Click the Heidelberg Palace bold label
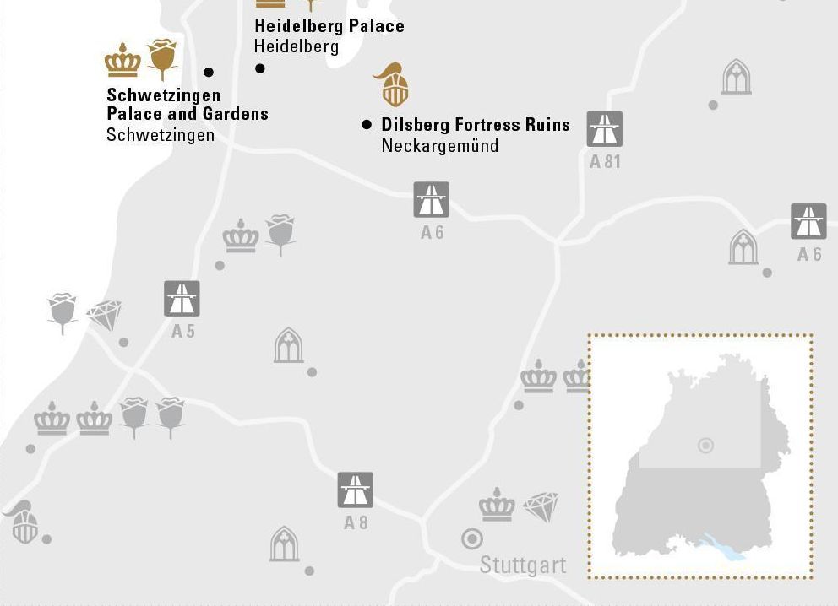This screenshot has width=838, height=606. (329, 26)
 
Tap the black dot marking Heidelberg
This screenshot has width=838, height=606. (260, 68)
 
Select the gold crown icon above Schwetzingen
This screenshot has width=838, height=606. (122, 61)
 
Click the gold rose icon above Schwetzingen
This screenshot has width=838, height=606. (162, 57)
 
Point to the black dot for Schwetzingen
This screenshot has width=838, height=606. (209, 73)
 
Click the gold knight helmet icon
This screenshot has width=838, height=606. (392, 85)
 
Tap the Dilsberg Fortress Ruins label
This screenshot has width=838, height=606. (476, 125)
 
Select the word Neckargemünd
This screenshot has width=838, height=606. (439, 146)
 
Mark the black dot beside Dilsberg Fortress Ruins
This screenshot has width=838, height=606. (367, 124)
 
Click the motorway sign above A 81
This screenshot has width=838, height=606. (605, 129)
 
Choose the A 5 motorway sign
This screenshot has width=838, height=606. (182, 299)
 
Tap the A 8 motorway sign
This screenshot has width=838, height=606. (356, 490)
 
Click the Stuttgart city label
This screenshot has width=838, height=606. (522, 565)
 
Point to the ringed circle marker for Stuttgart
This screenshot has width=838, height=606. (471, 538)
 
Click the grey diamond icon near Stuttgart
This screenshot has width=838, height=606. (541, 506)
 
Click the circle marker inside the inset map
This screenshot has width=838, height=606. (705, 446)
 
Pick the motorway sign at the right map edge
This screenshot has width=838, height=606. (808, 221)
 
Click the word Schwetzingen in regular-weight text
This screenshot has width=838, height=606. (161, 135)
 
